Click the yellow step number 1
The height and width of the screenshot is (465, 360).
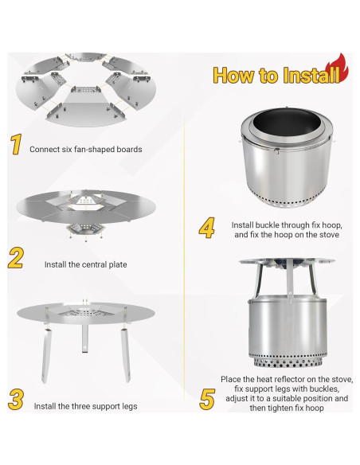16,144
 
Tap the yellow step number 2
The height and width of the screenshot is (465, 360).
16,258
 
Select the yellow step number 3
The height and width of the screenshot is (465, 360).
16,400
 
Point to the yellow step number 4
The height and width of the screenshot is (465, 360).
207,228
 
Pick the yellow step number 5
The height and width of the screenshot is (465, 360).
207,399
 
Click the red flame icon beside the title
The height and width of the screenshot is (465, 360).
337,68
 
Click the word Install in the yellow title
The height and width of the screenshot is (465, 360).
311,75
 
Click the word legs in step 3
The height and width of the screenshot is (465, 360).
130,406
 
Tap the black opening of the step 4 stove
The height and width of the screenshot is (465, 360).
284,123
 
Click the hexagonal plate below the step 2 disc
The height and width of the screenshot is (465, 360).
86,230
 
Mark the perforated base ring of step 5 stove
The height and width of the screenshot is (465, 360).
288,361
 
